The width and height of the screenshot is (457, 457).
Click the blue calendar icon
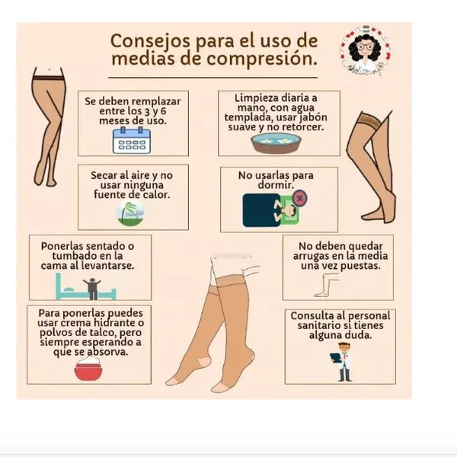click(x=132, y=140)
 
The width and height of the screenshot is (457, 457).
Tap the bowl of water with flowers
click(x=276, y=143)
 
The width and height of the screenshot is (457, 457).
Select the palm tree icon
click(x=130, y=213)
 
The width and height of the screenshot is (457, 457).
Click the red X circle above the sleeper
click(x=299, y=198)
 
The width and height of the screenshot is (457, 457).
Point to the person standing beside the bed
click(x=92, y=289)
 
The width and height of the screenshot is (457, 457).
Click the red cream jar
click(x=88, y=369)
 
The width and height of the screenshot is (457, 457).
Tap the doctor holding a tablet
click(x=342, y=363)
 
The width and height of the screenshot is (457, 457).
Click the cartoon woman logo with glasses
click(x=365, y=51)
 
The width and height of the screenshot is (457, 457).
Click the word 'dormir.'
click(x=276, y=185)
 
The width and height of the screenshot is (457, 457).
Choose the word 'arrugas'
click(x=312, y=256)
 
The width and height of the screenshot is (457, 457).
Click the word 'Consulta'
click(x=312, y=315)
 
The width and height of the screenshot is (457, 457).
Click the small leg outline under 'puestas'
click(x=327, y=285)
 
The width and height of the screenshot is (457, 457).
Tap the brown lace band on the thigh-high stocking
click(x=370, y=119)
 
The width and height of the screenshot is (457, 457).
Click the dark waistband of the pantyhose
click(x=48, y=78)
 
